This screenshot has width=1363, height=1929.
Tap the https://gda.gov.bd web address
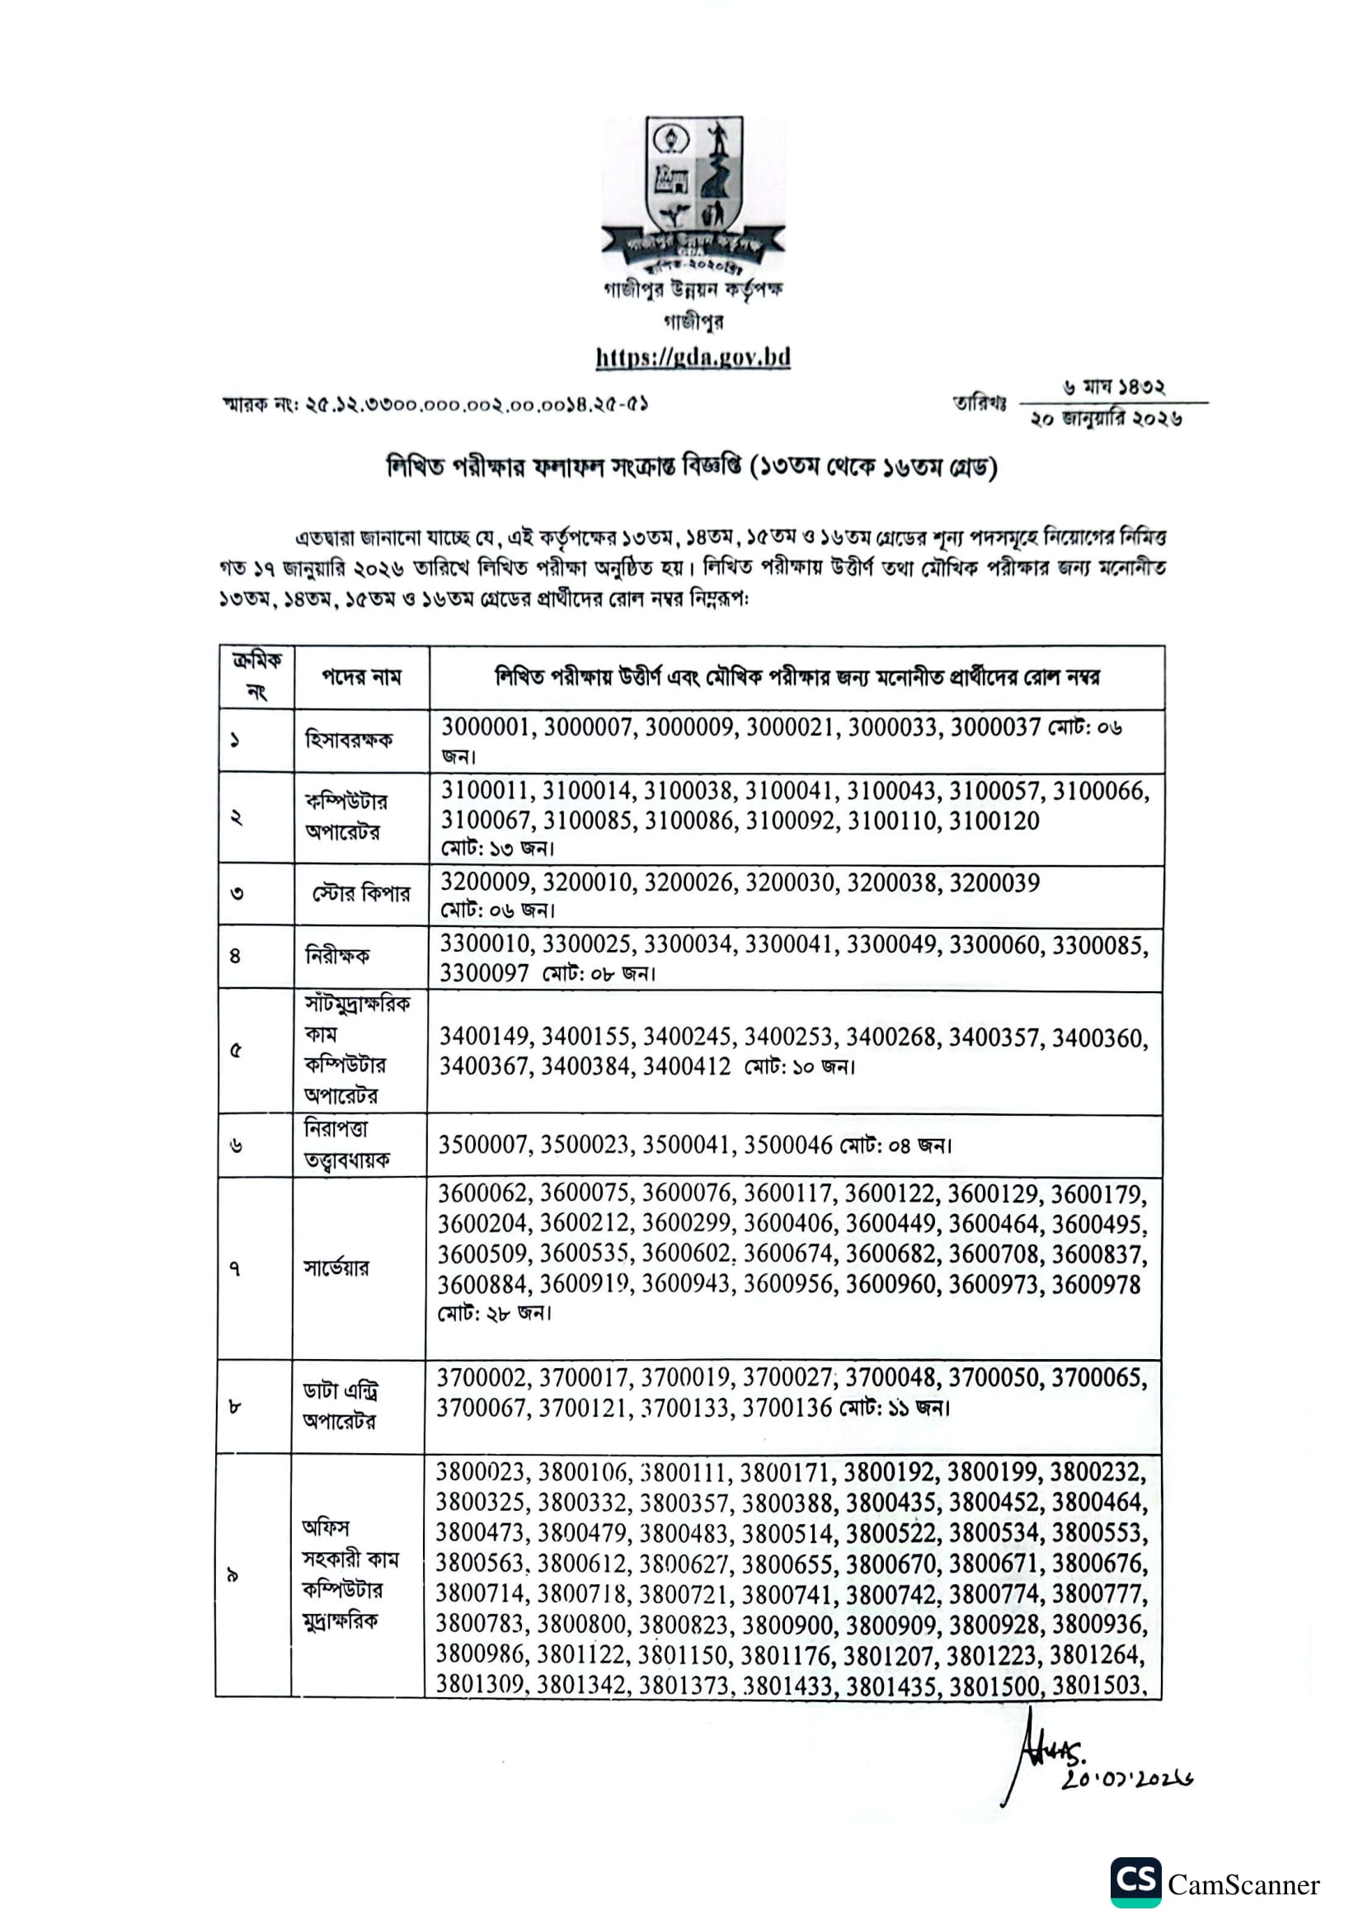pos(693,357)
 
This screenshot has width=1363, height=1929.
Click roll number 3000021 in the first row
pos(792,727)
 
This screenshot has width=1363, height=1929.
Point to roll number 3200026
pos(690,882)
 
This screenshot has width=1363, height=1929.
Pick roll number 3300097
pos(484,973)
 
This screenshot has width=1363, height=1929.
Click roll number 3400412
pos(686,1066)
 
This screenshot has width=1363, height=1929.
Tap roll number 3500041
pos(688,1145)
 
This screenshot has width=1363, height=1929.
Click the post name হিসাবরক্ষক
pos(349,740)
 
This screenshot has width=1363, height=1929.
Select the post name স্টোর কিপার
pos(361,893)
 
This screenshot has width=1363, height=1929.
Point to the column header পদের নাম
pos(361,677)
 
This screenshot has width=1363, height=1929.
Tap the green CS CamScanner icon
pos(1136,1882)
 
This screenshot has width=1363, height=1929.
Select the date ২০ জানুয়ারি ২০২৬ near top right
pos(1106,418)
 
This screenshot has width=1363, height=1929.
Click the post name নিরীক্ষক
pos(336,955)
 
